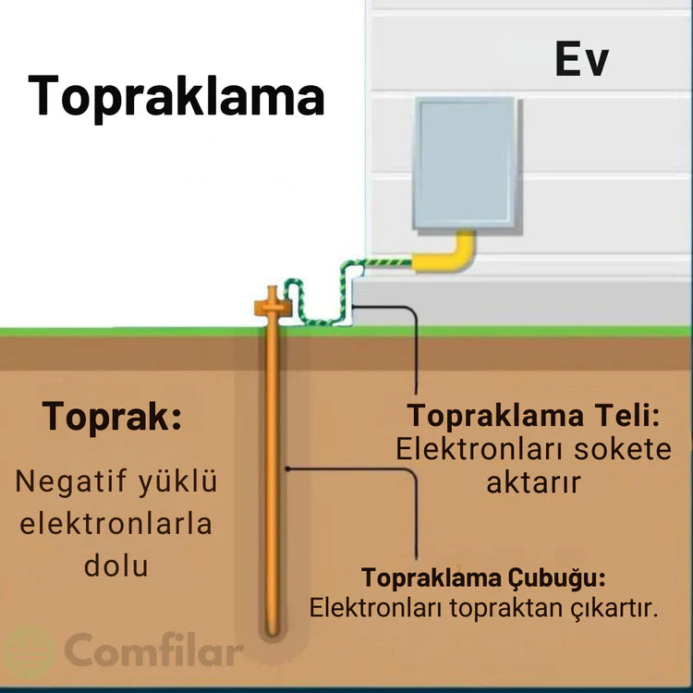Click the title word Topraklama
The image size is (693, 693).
click(176, 96)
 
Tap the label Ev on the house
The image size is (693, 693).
click(582, 60)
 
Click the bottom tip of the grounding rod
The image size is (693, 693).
click(271, 631)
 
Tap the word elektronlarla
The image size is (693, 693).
click(116, 524)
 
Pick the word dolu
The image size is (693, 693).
click(116, 565)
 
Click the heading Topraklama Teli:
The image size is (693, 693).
click(533, 416)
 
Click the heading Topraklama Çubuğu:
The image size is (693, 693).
click(483, 578)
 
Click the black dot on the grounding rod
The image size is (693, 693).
click(288, 469)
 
